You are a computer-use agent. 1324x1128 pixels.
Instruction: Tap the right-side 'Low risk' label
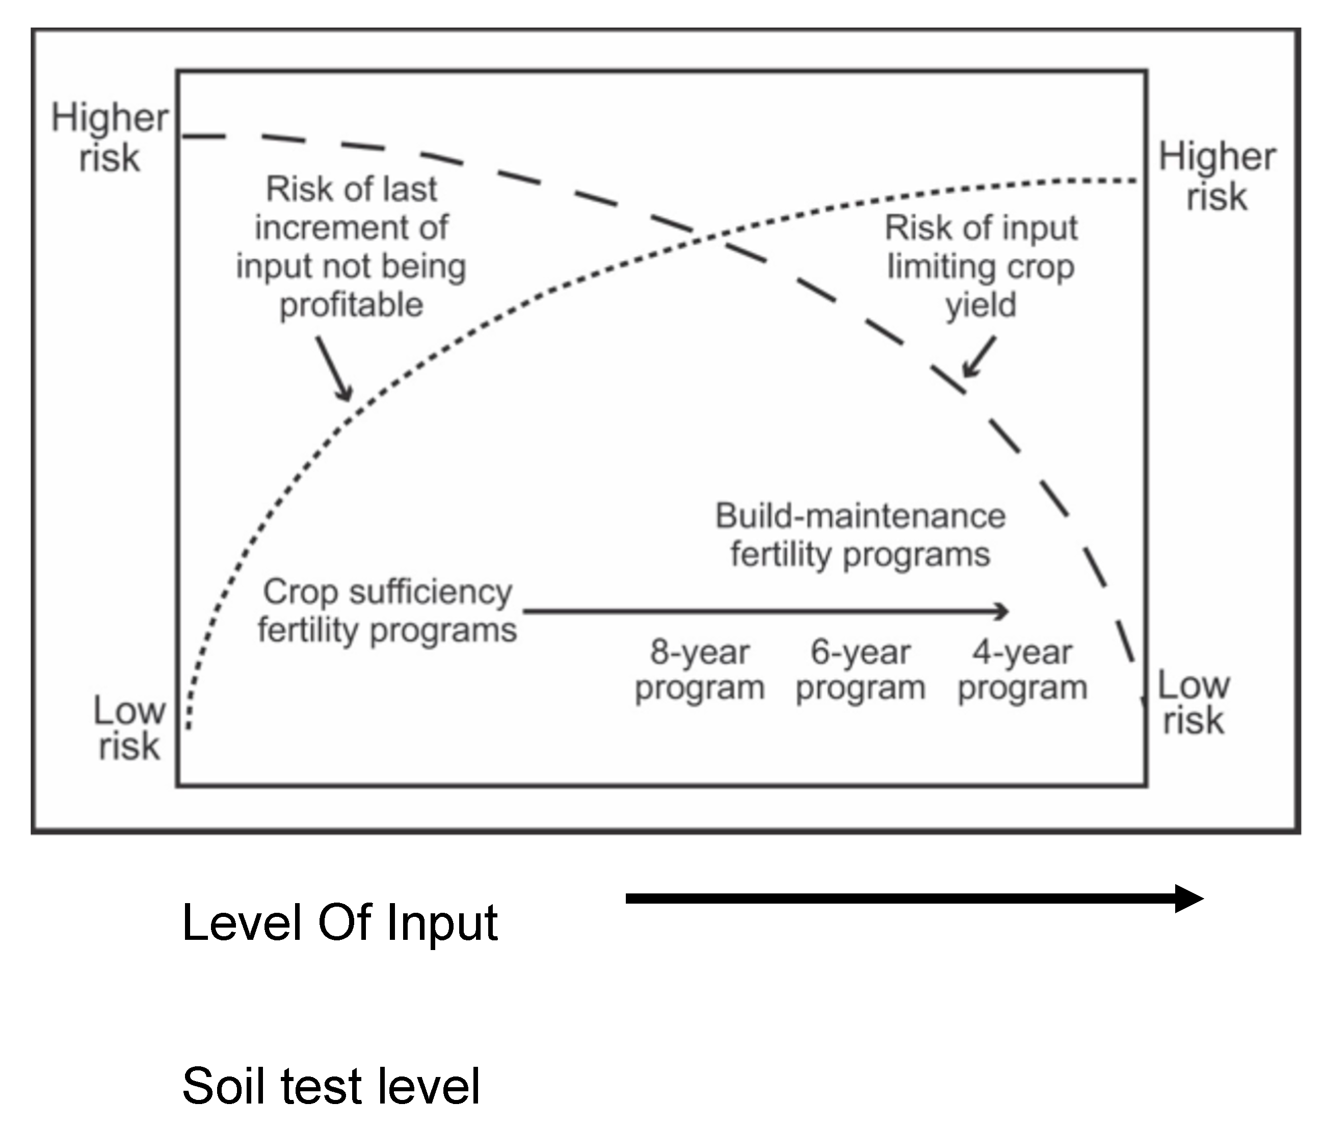click(x=1193, y=702)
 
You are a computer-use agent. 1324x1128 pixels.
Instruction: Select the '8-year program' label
click(x=700, y=670)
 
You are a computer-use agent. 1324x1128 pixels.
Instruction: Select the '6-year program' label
click(x=860, y=670)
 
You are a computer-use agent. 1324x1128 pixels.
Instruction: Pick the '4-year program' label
click(x=1022, y=670)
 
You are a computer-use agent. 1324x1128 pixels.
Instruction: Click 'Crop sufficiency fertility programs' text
click(x=387, y=611)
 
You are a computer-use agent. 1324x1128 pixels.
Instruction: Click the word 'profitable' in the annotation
click(x=352, y=304)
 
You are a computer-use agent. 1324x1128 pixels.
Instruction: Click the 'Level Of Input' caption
click(x=339, y=922)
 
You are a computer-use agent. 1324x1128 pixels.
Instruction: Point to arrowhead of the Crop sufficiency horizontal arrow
click(x=1002, y=611)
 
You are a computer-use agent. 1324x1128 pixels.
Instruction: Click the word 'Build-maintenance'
click(x=860, y=516)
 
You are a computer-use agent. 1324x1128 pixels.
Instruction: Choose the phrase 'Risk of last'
click(x=352, y=189)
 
